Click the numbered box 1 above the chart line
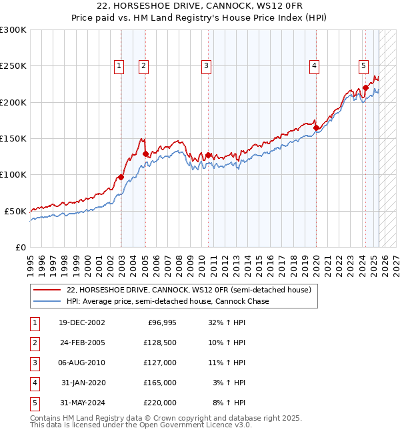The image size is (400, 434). [x=119, y=65]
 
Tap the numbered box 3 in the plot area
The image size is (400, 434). [x=207, y=65]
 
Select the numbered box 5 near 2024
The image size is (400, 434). [x=363, y=65]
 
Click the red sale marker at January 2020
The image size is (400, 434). [x=316, y=128]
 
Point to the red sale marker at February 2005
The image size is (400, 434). [x=145, y=154]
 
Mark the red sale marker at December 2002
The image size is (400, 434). [x=121, y=177]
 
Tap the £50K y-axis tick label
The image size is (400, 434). [x=15, y=211]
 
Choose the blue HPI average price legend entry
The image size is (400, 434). [x=167, y=301]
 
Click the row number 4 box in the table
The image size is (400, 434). [x=33, y=383]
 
